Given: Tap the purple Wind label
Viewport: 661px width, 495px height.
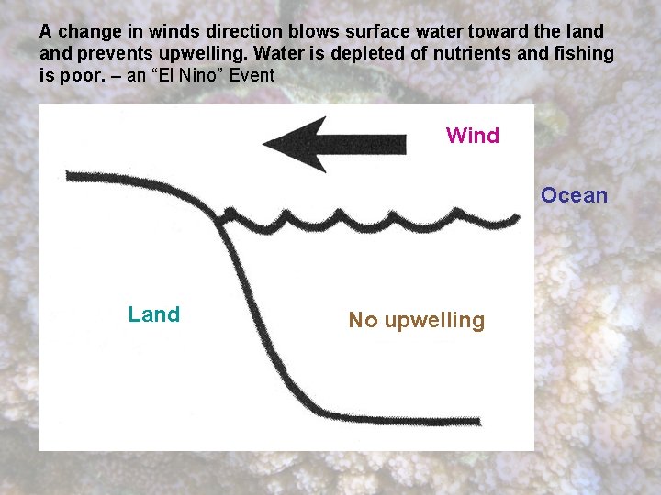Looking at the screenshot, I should tap(473, 136).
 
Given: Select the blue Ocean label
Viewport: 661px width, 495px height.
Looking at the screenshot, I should tap(574, 195).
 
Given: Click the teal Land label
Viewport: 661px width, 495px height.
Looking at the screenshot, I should tap(154, 314).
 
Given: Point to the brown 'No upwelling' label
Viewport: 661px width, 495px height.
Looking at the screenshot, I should tap(416, 320).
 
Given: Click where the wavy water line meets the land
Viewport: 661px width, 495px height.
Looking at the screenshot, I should tap(220, 218).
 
